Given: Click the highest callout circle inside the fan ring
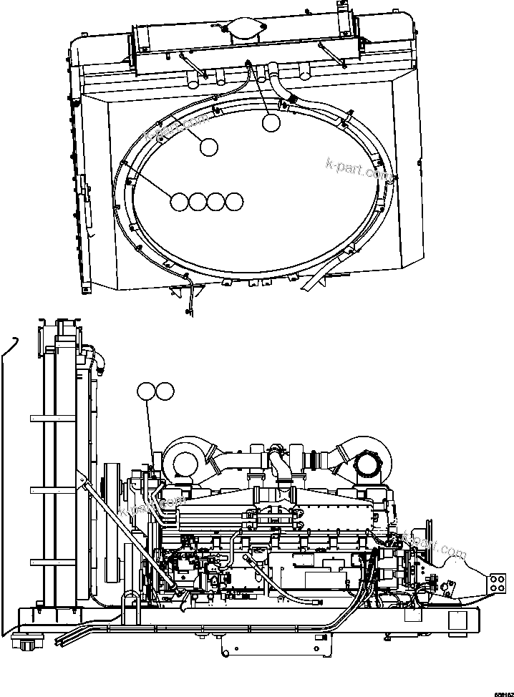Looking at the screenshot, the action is point(271,123).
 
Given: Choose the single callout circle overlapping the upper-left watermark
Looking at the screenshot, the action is point(208,147).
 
